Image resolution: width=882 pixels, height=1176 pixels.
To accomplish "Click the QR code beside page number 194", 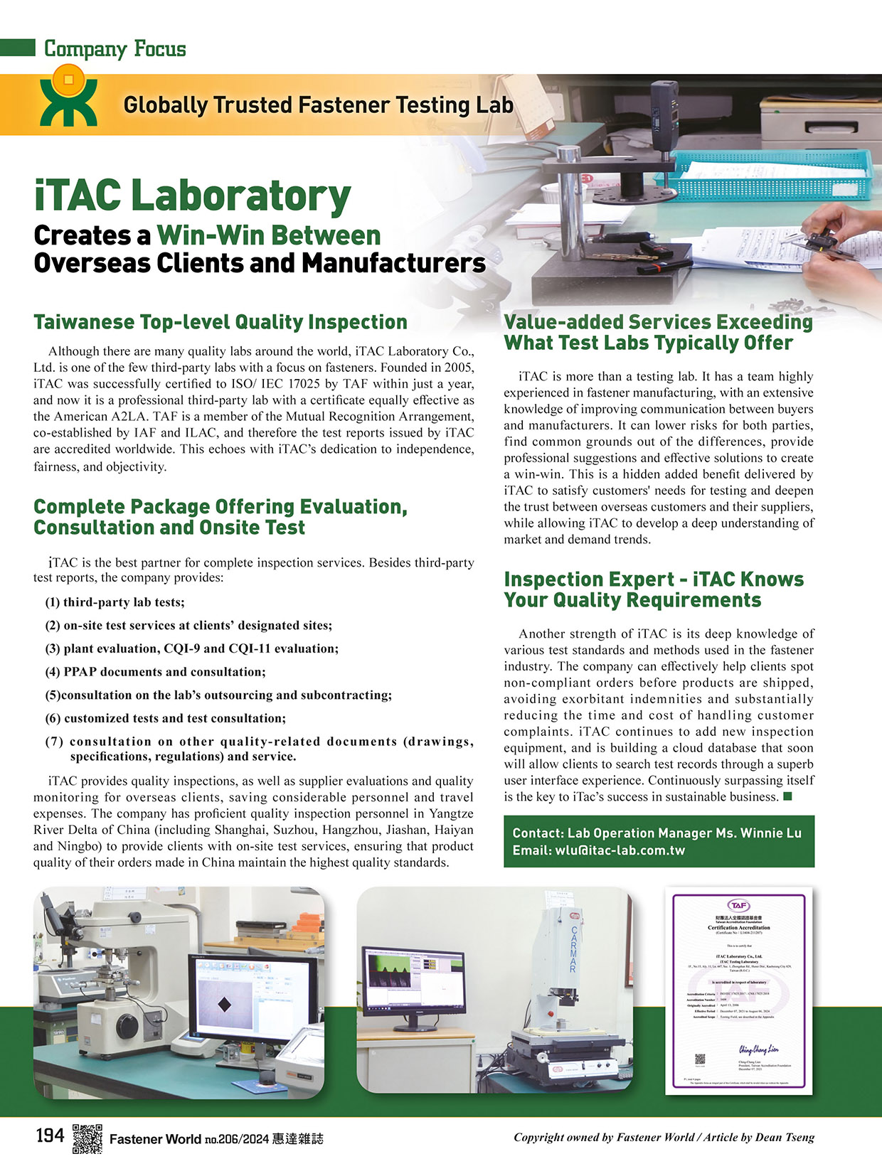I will point(87,1138).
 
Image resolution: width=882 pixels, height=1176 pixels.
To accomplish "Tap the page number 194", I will point(50,1136).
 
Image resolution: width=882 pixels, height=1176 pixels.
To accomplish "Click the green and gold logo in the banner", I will point(68,96).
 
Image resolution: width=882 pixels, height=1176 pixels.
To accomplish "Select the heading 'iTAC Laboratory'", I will point(192,196).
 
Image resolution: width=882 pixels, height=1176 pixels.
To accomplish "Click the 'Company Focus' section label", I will point(115,49).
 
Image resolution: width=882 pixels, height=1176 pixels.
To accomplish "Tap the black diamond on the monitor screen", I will point(224,1005).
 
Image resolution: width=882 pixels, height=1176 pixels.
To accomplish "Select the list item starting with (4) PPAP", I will point(155,672).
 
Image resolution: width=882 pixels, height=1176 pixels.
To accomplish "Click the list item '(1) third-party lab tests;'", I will point(115,602).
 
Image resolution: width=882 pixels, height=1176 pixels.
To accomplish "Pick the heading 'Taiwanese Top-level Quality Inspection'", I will point(220,322).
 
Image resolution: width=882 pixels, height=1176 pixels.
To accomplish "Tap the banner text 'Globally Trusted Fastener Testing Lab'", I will point(318,105).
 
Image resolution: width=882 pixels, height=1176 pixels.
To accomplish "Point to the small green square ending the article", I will point(787,796).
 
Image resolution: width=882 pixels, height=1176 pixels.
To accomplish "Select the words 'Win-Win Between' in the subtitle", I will point(269,235).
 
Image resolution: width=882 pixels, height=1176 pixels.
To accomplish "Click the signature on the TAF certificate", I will point(758,1049).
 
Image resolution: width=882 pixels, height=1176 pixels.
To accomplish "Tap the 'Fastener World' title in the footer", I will point(155,1139).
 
